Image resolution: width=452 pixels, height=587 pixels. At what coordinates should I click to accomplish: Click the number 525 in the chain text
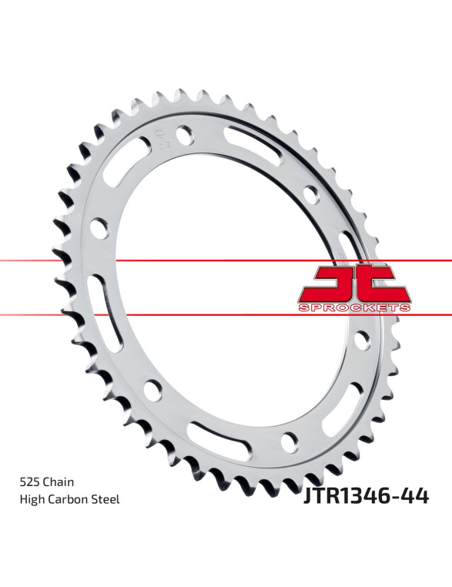(29, 481)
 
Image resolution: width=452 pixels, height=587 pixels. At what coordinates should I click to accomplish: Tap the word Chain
(58, 481)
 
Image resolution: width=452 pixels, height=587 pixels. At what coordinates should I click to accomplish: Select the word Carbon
(70, 499)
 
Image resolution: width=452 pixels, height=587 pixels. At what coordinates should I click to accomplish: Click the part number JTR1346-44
(367, 496)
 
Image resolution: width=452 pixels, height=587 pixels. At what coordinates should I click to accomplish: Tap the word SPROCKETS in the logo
(354, 308)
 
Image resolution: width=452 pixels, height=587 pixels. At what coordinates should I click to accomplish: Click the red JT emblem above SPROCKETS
(354, 283)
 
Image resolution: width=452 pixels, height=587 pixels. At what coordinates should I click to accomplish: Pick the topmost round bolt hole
(185, 135)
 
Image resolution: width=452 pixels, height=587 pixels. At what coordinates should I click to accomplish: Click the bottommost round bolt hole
(290, 442)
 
